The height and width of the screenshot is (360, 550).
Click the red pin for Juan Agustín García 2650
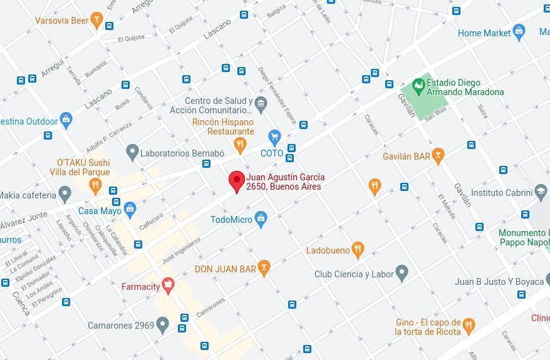point(236,180)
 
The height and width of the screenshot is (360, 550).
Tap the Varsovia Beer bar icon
point(96,20)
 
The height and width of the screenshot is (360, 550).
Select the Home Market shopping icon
point(518,31)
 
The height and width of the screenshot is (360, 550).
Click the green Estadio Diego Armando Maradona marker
point(418,85)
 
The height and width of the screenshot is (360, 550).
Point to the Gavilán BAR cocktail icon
point(438,155)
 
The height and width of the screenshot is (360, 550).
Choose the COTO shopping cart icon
point(274,136)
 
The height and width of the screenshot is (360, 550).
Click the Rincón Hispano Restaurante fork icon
point(240,145)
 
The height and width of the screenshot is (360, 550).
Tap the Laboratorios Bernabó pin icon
point(132,152)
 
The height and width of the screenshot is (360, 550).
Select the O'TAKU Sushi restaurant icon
point(95,184)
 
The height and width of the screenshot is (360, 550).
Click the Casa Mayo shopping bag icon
point(130,208)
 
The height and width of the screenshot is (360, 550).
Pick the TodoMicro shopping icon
point(261,219)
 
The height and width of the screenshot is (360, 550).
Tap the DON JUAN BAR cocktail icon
point(264,268)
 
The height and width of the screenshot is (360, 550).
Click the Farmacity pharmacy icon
point(167,286)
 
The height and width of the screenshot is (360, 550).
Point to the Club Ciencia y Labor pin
point(402,273)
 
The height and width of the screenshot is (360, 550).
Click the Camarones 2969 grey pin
point(163,324)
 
